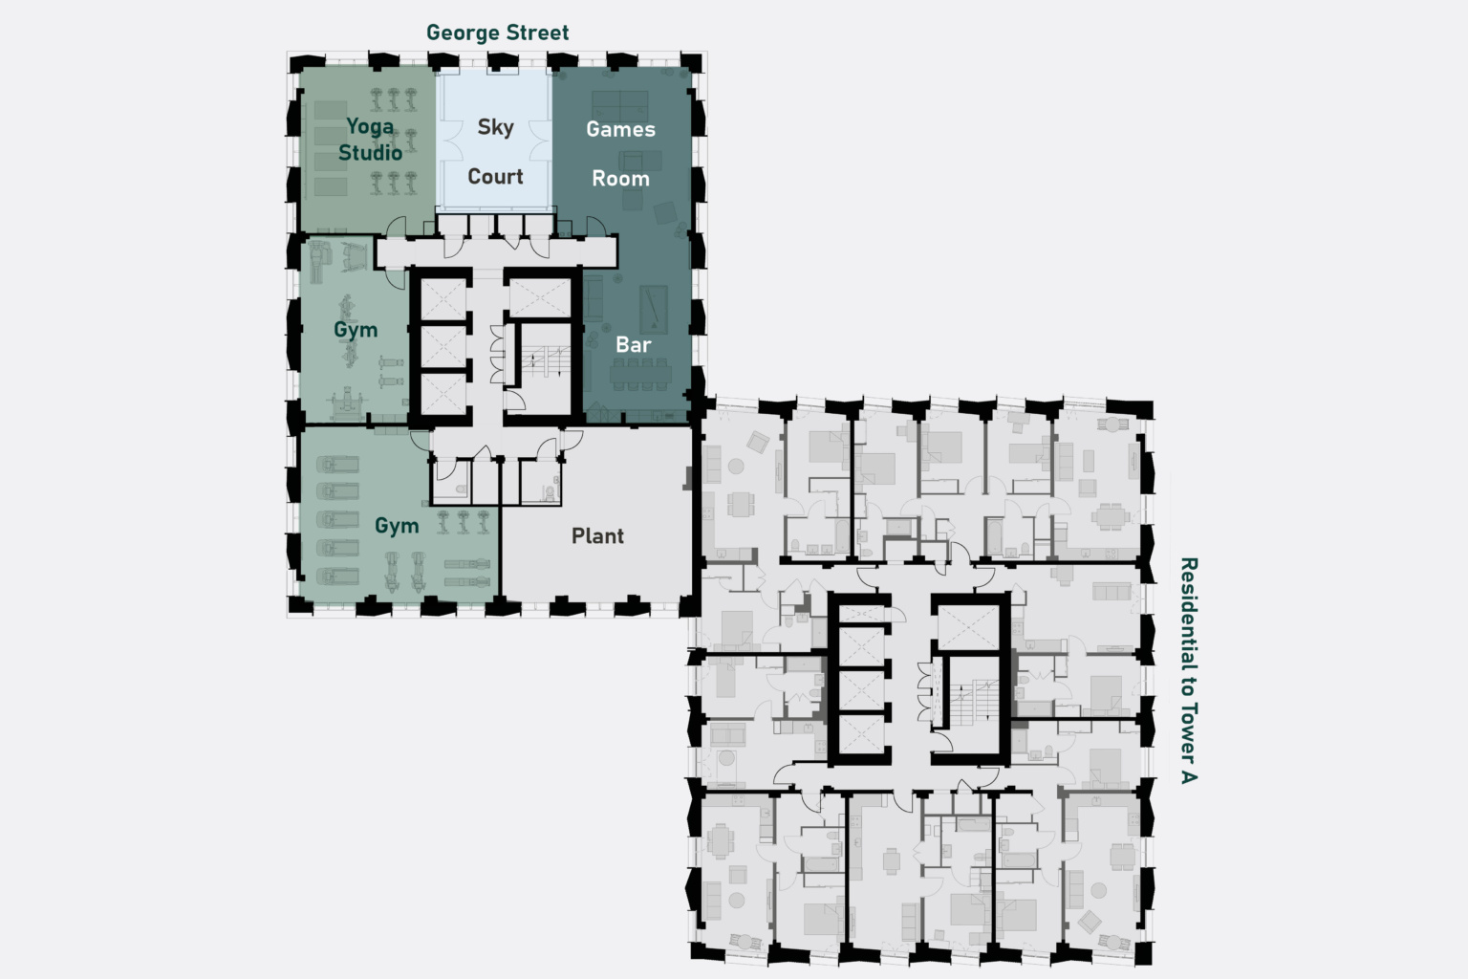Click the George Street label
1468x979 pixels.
click(x=497, y=33)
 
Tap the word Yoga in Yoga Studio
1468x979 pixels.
click(x=370, y=127)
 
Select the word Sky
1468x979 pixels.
click(x=495, y=127)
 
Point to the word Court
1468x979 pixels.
click(x=495, y=176)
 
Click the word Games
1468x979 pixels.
click(x=620, y=129)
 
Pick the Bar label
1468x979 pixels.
click(x=633, y=345)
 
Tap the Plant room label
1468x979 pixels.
click(x=597, y=535)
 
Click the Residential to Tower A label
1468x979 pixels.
click(x=1189, y=670)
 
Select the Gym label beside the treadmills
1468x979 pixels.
click(x=397, y=525)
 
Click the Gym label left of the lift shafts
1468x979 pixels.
click(x=356, y=329)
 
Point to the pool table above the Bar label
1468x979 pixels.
click(x=654, y=309)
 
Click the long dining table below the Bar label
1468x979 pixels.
click(x=640, y=375)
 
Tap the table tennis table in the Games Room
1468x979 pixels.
click(x=619, y=106)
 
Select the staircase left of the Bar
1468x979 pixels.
click(x=546, y=361)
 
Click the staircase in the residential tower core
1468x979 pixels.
click(x=974, y=703)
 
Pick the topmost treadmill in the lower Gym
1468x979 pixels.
click(x=337, y=465)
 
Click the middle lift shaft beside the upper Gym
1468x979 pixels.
click(x=443, y=346)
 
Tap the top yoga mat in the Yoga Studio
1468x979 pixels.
click(x=331, y=110)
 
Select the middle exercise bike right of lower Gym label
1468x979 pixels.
click(x=464, y=523)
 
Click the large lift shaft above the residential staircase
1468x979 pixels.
click(x=968, y=627)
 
